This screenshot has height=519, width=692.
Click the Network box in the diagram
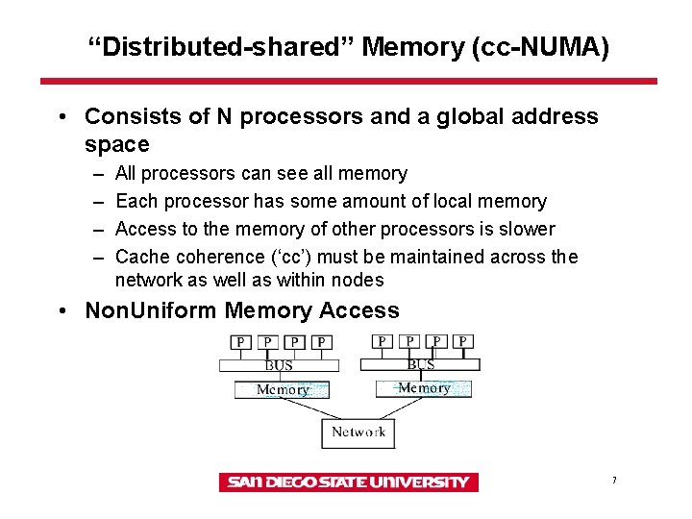click(358, 433)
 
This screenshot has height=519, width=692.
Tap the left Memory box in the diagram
click(282, 389)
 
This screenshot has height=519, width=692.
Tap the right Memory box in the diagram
click(423, 388)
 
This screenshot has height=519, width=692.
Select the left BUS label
click(278, 365)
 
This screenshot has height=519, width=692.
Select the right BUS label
click(420, 364)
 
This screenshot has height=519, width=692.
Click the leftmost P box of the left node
click(238, 342)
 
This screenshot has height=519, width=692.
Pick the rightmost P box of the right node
click(464, 341)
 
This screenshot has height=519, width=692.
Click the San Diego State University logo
click(348, 482)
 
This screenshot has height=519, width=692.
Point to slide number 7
click(613, 480)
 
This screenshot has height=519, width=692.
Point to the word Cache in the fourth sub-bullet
click(141, 257)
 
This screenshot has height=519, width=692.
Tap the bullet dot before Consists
click(61, 117)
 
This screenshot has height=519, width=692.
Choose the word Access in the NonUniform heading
click(358, 310)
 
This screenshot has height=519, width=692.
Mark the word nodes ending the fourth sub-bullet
click(358, 280)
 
